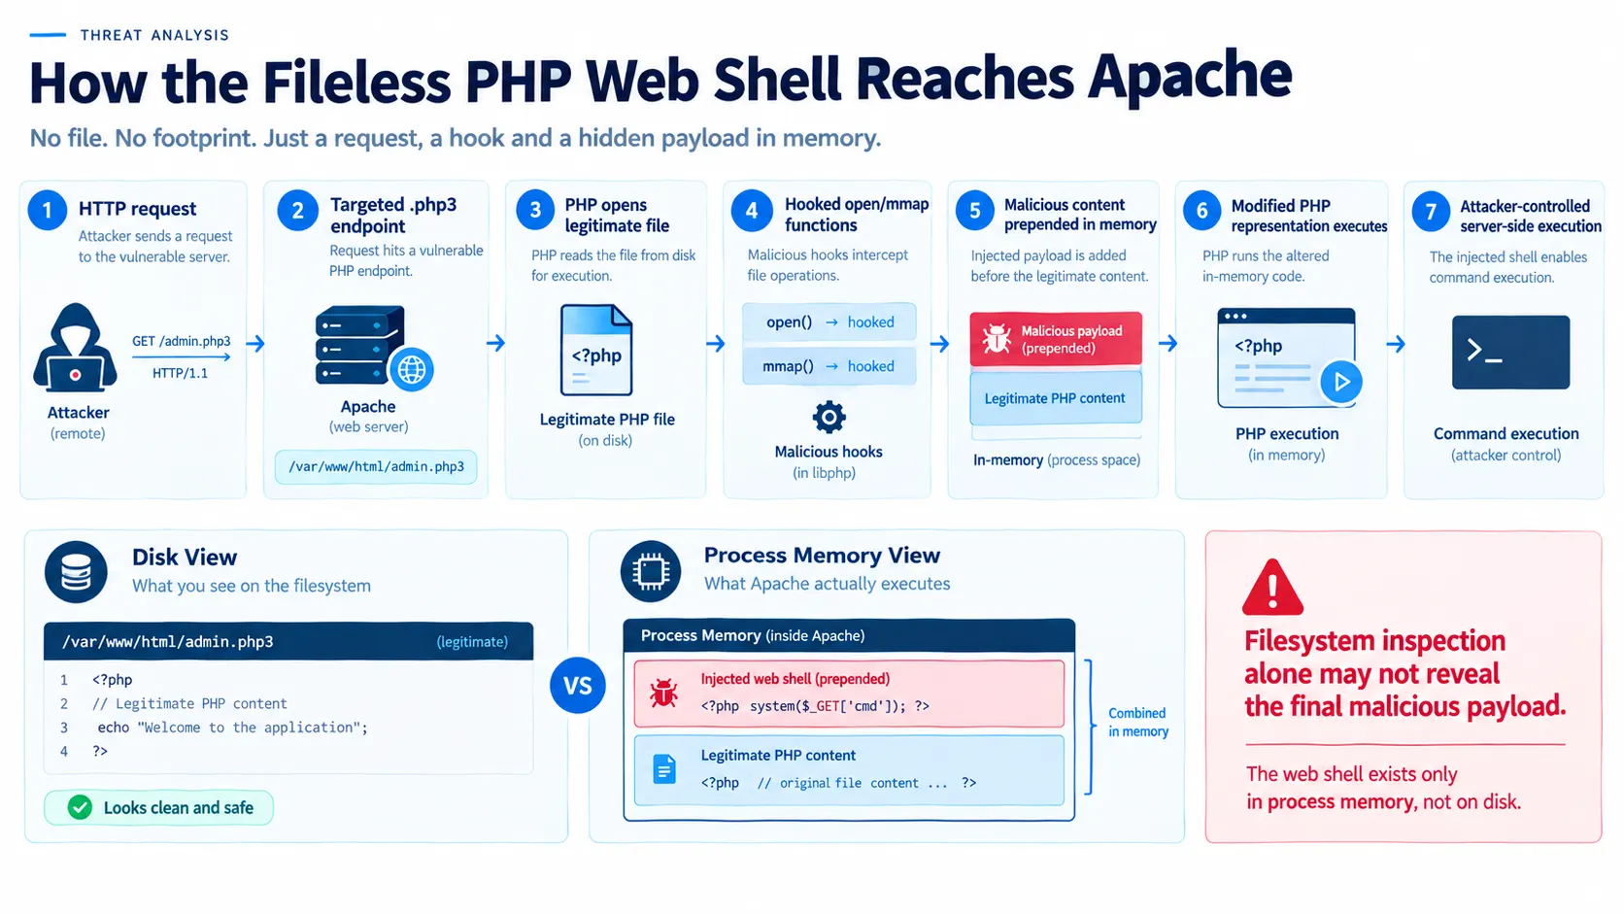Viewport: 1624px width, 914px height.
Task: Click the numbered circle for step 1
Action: click(48, 210)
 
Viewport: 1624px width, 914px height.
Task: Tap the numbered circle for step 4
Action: click(752, 211)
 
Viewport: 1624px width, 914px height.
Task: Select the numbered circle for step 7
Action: click(1431, 212)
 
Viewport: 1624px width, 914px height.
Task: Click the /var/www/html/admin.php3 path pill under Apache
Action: click(376, 467)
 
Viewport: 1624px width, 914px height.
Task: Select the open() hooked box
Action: click(829, 322)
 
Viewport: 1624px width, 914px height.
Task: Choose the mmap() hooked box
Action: click(829, 366)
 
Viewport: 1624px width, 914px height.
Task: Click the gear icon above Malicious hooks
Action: click(829, 417)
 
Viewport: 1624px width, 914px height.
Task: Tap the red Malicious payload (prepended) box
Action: click(1056, 339)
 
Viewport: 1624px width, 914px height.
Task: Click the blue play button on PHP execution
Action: click(1340, 382)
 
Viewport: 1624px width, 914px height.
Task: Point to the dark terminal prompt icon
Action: click(1510, 353)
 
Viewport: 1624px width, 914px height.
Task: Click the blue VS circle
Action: click(578, 685)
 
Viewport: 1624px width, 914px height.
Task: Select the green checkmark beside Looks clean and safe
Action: click(80, 807)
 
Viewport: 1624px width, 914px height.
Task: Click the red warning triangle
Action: click(1272, 587)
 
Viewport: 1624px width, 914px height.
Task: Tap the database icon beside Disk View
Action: click(76, 572)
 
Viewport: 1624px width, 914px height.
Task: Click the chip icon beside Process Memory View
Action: click(651, 572)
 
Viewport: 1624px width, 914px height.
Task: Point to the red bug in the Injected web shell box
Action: click(663, 694)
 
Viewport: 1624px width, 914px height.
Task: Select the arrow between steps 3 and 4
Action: click(715, 343)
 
